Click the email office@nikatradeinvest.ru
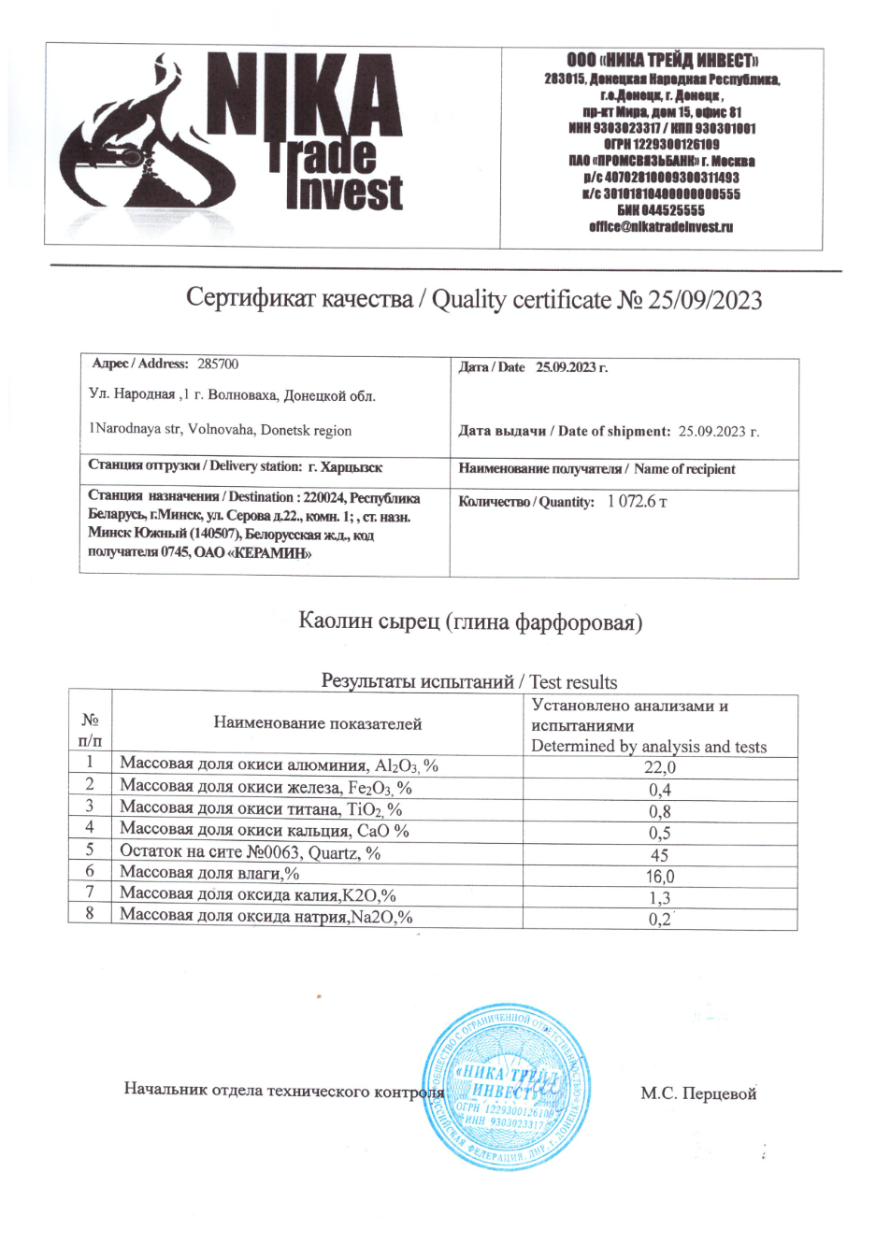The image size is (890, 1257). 661,227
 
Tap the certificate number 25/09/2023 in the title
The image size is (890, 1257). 705,300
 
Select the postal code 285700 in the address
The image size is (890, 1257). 218,364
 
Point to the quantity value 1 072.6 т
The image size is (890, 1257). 637,501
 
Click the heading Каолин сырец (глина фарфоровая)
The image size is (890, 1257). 470,621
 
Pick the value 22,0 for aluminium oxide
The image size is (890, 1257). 660,767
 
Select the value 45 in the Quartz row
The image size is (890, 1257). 660,855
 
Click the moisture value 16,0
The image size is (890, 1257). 660,877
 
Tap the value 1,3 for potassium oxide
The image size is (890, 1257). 660,898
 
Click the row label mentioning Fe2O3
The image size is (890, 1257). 266,787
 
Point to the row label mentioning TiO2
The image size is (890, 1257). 261,808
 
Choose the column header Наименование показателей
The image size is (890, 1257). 317,722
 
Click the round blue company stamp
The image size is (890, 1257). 507,1087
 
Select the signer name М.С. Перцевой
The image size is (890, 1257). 698,1093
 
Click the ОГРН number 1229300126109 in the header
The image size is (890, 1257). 661,145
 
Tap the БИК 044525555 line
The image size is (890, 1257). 661,210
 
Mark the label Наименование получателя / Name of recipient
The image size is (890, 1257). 596,469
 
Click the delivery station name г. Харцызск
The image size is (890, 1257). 345,466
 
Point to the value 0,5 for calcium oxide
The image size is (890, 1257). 660,833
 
